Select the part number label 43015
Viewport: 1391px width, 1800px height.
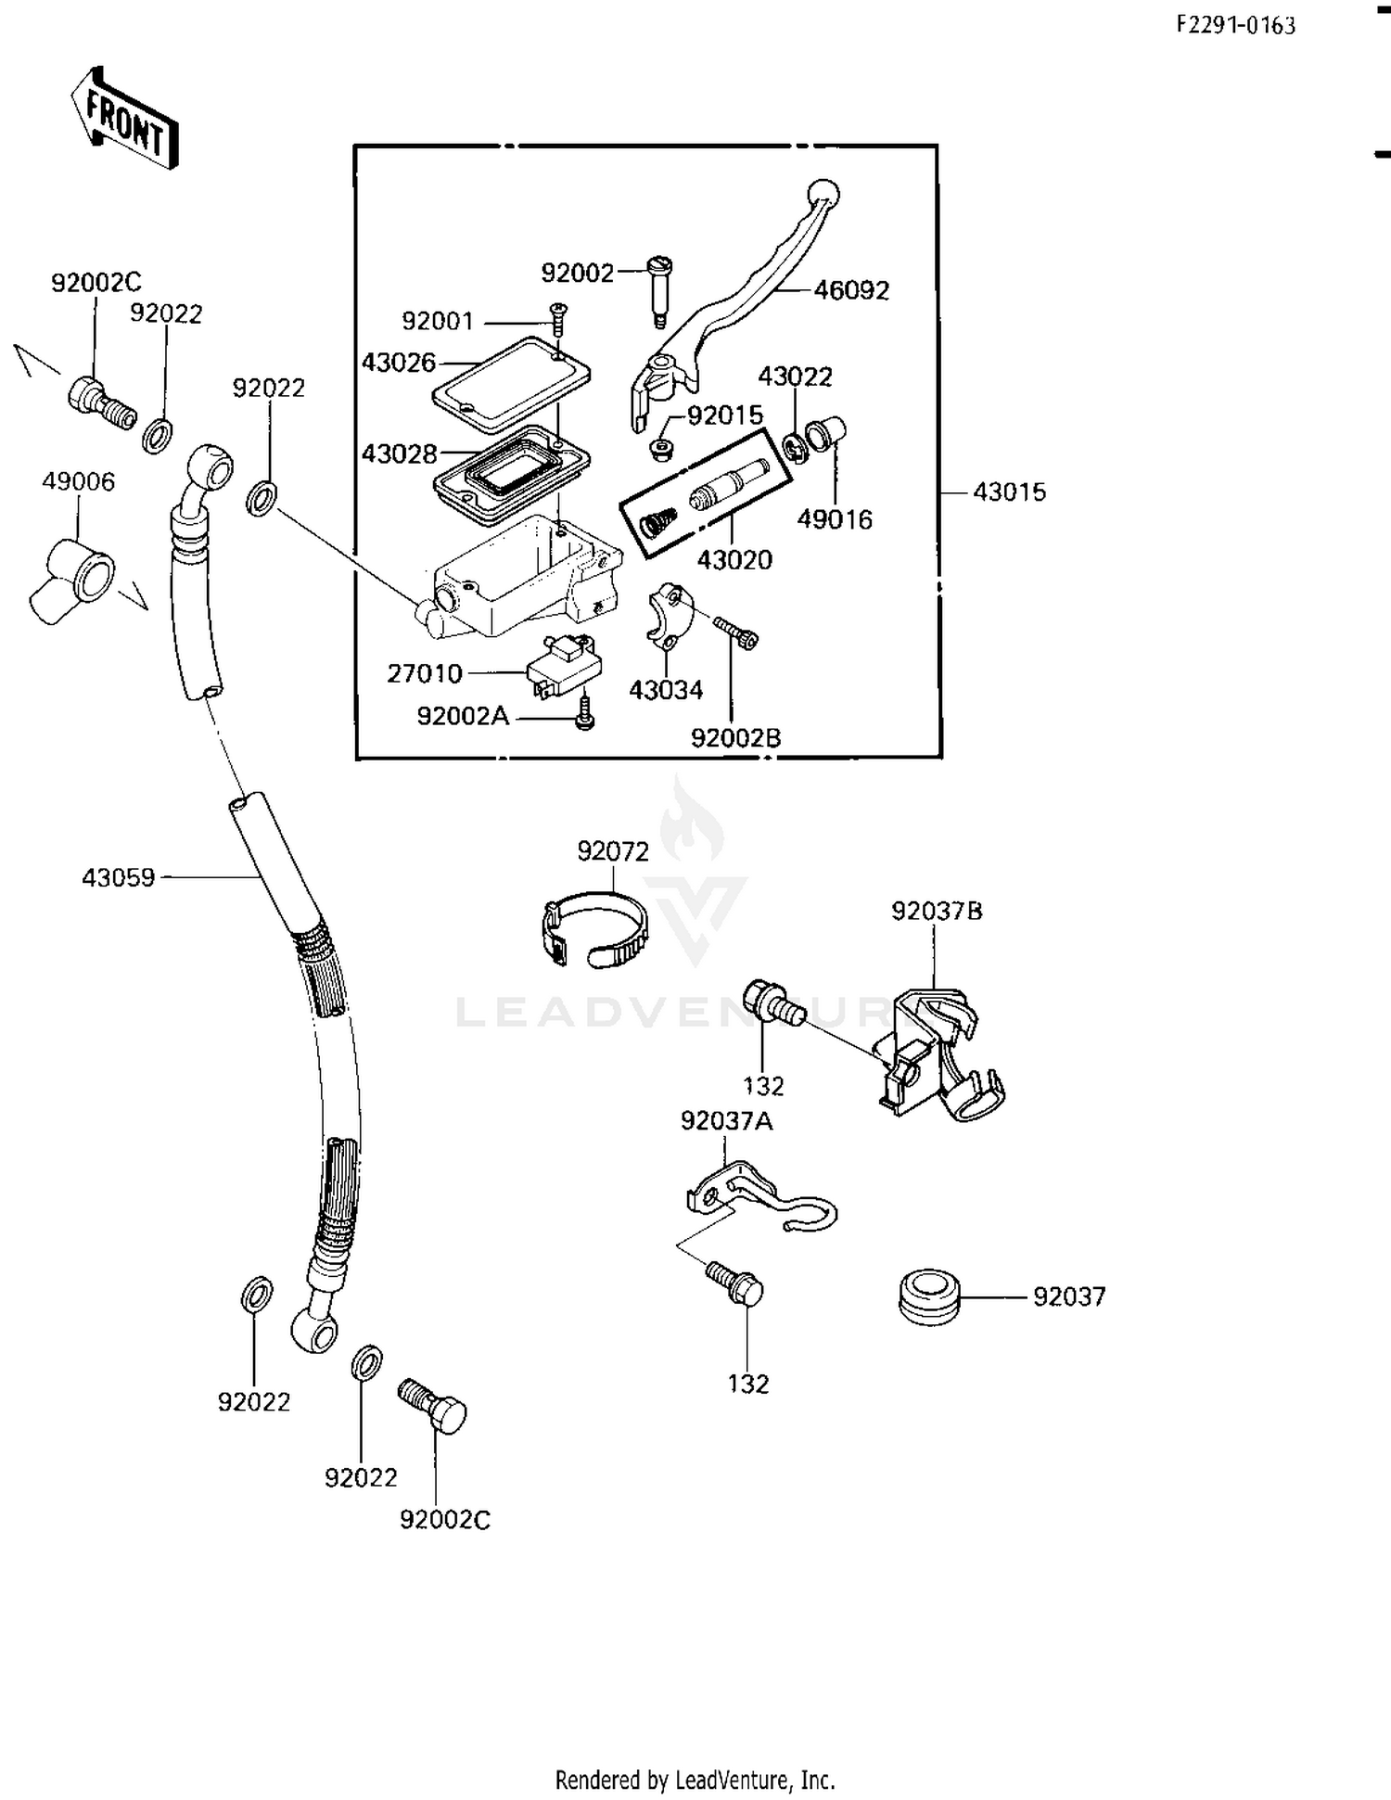click(x=1009, y=492)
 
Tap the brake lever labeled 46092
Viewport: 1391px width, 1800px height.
click(x=742, y=297)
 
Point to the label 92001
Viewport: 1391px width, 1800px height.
click(x=437, y=322)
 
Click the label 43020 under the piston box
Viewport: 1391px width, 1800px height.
click(x=734, y=560)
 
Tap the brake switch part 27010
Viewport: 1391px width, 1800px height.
click(x=563, y=666)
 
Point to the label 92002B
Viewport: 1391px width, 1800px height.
click(x=735, y=738)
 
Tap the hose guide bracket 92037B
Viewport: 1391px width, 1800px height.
click(x=941, y=1057)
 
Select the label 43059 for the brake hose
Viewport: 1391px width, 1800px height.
click(x=118, y=877)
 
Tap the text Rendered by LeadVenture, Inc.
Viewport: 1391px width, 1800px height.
click(x=695, y=1780)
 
